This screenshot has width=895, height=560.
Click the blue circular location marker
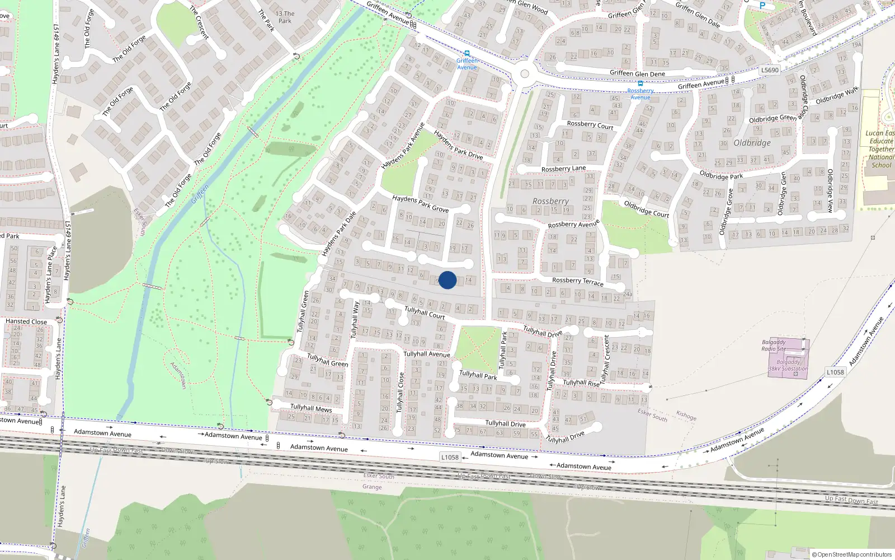[447, 280]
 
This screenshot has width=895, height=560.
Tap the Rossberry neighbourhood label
[550, 201]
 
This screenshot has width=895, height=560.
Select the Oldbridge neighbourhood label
[752, 143]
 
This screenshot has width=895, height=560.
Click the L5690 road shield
[770, 70]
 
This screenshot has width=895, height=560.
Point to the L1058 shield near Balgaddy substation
[835, 372]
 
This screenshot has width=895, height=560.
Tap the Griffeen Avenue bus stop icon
[467, 54]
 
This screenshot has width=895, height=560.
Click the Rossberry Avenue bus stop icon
[640, 83]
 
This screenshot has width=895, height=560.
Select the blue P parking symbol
[762, 6]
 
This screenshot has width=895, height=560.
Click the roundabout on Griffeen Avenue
[524, 73]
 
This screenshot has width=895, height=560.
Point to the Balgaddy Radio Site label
[774, 345]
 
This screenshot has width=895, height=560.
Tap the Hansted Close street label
[26, 321]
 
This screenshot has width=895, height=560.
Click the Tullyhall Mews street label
[311, 408]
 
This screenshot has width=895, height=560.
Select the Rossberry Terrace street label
[577, 281]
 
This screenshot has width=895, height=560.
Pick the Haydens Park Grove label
[420, 204]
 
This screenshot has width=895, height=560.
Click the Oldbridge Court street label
[646, 209]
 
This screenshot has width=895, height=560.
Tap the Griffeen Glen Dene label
[637, 73]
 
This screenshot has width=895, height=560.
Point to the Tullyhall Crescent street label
[605, 358]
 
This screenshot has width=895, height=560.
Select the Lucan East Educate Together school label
[880, 149]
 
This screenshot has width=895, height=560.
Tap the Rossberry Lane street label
[563, 169]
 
